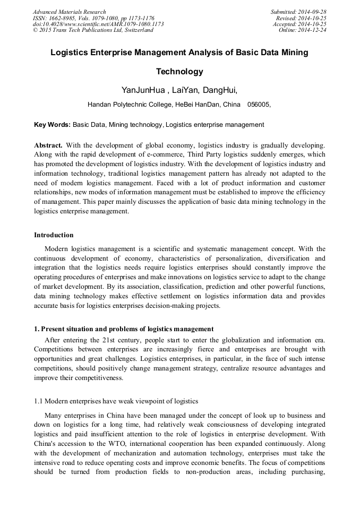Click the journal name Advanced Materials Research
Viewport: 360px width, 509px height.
(69, 12)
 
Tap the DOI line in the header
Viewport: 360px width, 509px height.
(98, 24)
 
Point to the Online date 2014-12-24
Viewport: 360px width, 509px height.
(314, 30)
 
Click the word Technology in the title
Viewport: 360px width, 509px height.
(179, 72)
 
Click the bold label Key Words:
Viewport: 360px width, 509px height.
(52, 125)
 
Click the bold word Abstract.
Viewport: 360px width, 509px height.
(48, 145)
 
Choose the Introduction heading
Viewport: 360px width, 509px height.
(54, 235)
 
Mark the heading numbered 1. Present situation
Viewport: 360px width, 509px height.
(124, 329)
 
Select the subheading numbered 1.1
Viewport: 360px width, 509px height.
(116, 401)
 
